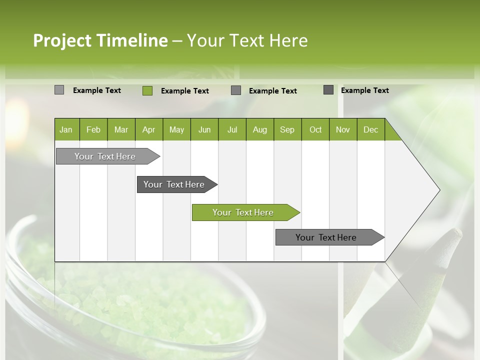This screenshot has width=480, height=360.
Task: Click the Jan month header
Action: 66,129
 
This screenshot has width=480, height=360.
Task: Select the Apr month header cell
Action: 148,129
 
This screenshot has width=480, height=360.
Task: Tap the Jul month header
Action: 232,129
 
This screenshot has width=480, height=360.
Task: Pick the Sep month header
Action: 287,129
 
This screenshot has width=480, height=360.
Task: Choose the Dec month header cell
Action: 370,129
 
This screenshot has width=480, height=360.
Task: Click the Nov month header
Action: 342,129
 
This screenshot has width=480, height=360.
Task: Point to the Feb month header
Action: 93,129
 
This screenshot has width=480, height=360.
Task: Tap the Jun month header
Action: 204,129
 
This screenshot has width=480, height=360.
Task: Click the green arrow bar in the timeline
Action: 243,212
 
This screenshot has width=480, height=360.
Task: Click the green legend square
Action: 147,90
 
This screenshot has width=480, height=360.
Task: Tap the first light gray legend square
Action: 59,90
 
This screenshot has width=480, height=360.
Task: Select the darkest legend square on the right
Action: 328,90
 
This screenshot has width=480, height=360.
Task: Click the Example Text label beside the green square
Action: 184,90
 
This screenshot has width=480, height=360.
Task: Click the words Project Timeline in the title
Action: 100,40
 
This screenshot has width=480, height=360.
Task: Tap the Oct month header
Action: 315,129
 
